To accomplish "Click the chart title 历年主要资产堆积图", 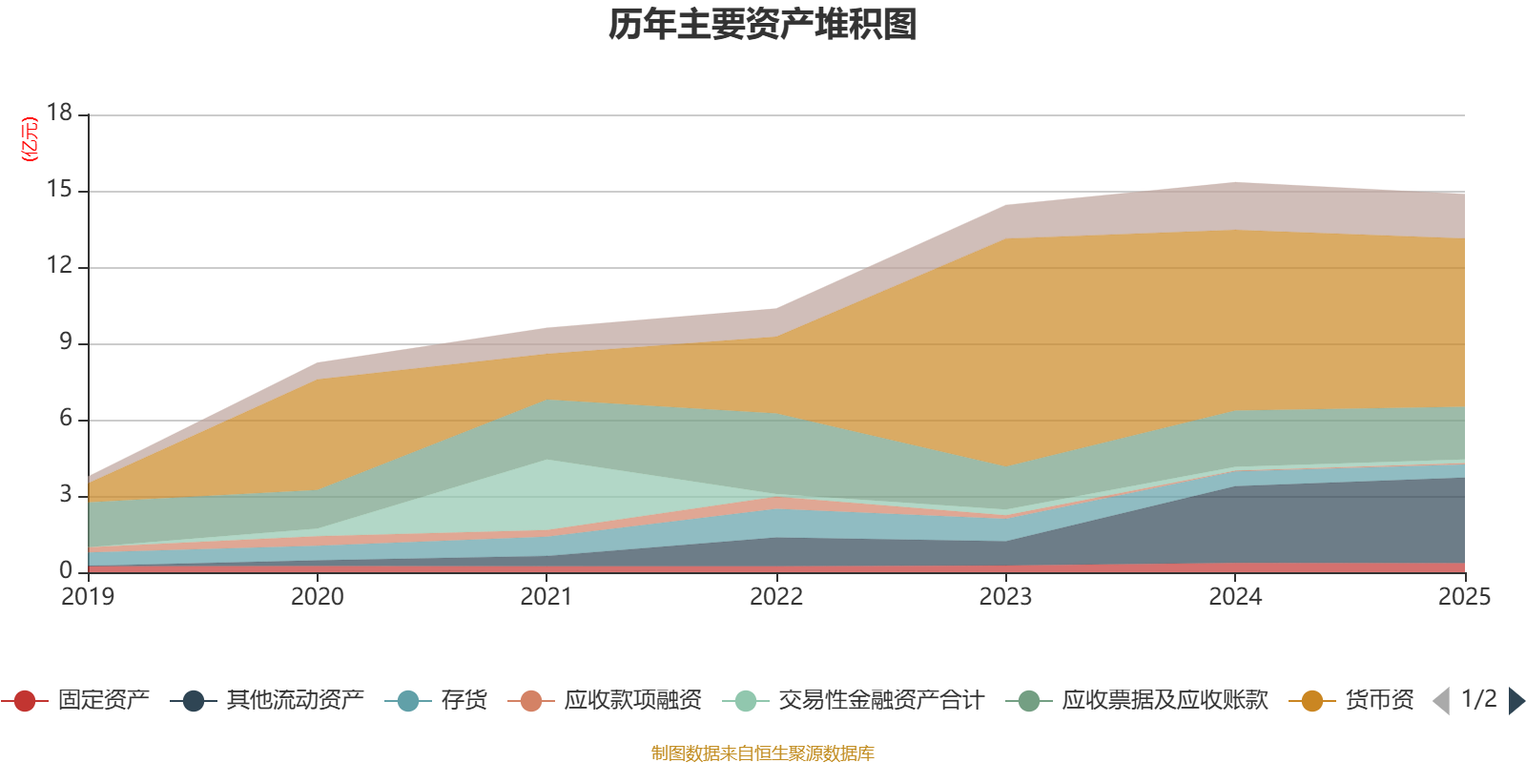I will click(763, 25).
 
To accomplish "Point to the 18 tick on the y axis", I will click(59, 113).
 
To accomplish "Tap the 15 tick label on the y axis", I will click(59, 190).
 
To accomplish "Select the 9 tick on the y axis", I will click(65, 341).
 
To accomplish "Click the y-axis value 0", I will click(65, 570).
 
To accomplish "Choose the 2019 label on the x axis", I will click(88, 597).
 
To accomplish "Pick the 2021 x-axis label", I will click(546, 597).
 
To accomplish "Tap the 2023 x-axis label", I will click(1005, 597).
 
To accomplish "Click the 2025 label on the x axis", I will click(1464, 597).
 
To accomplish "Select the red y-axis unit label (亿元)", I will click(30, 139).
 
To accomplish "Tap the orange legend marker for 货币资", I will click(1311, 701).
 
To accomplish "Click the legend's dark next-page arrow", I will click(1516, 701).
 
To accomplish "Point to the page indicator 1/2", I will click(1478, 699).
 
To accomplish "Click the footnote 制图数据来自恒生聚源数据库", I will click(763, 753).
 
